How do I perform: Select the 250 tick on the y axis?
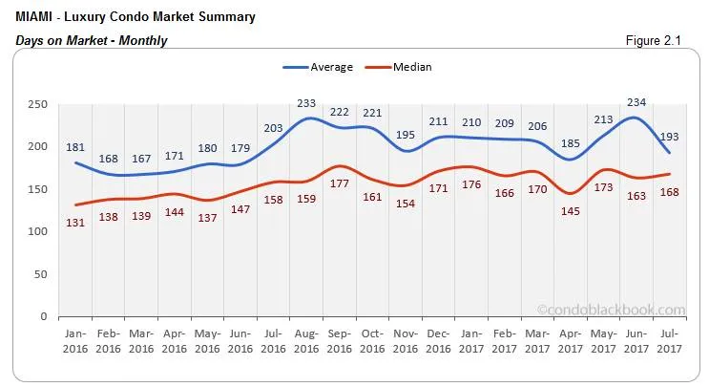[x=38, y=104]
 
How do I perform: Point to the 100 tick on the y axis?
[x=38, y=231]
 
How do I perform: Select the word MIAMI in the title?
[x=35, y=17]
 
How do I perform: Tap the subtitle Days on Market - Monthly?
[x=92, y=40]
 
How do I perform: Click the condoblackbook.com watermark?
[x=611, y=309]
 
